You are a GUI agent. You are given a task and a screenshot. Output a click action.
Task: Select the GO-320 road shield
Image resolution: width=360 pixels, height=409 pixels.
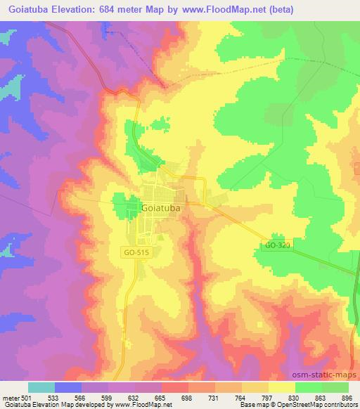tap(277, 245)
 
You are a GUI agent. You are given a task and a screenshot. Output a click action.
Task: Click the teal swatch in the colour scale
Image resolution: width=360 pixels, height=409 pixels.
tap(41, 387)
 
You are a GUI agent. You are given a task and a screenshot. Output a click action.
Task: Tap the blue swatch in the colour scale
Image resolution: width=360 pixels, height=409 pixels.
tap(68, 387)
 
